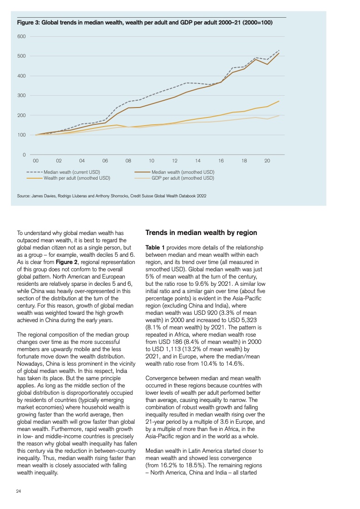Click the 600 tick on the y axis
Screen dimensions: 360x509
21,36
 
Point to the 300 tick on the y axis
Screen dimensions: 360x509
21,95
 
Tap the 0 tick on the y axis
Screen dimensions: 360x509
24,155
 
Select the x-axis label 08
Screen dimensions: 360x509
128,161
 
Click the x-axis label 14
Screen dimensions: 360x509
198,161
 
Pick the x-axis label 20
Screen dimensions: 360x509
267,161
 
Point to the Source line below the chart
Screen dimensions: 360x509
111,196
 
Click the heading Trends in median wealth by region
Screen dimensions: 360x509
201,232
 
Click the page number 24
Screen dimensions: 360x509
19,491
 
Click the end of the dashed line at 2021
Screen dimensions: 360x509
279,50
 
